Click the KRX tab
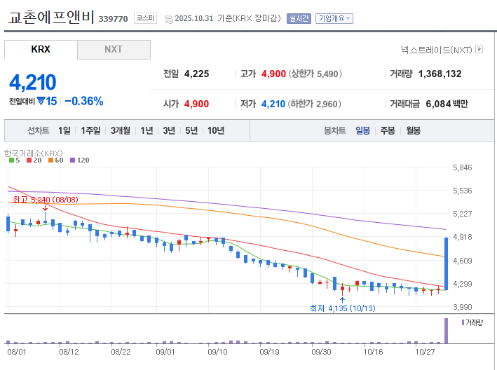pyautogui.click(x=41, y=50)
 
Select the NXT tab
pyautogui.click(x=114, y=50)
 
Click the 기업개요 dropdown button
pyautogui.click(x=334, y=18)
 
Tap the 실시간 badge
pyautogui.click(x=299, y=18)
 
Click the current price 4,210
pyautogui.click(x=33, y=82)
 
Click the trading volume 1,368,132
pyautogui.click(x=440, y=74)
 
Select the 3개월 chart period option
pyautogui.click(x=122, y=130)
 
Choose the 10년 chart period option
pyautogui.click(x=216, y=130)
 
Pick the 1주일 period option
pyautogui.click(x=90, y=130)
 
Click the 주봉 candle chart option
pyautogui.click(x=388, y=130)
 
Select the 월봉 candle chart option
pyautogui.click(x=413, y=130)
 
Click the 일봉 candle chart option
pyautogui.click(x=362, y=130)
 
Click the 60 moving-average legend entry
pyautogui.click(x=57, y=160)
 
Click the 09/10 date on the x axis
pyautogui.click(x=217, y=352)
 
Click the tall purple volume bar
pyautogui.click(x=446, y=331)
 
